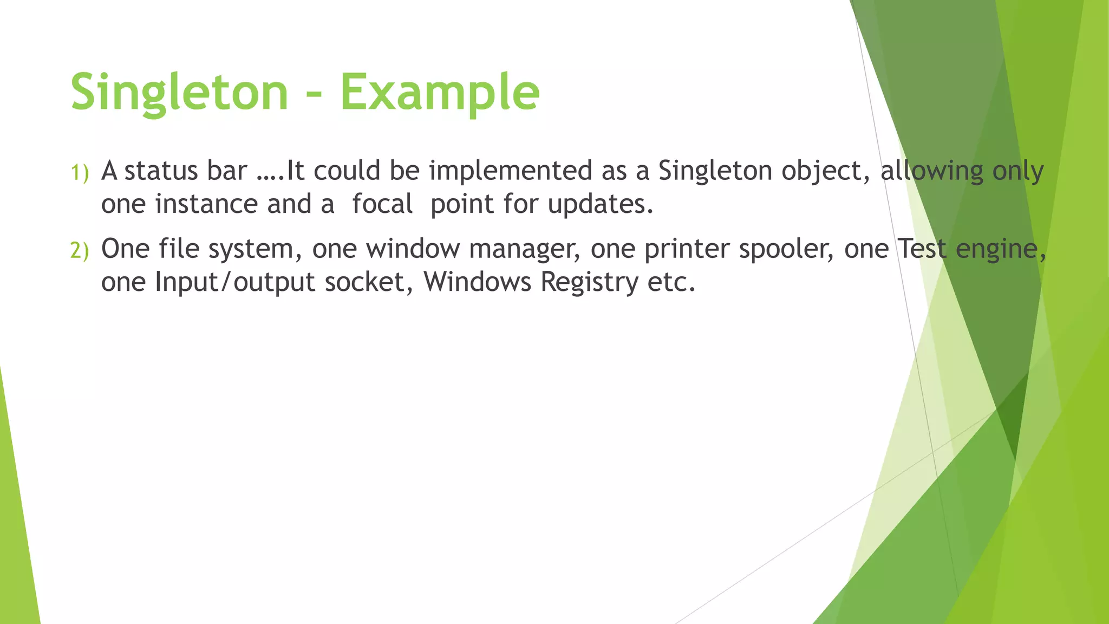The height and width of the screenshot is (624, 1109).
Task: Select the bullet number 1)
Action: point(80,173)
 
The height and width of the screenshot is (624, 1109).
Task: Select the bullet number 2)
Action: point(80,251)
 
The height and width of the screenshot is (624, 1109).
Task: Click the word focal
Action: point(382,205)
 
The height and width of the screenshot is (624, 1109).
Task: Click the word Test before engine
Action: point(922,249)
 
